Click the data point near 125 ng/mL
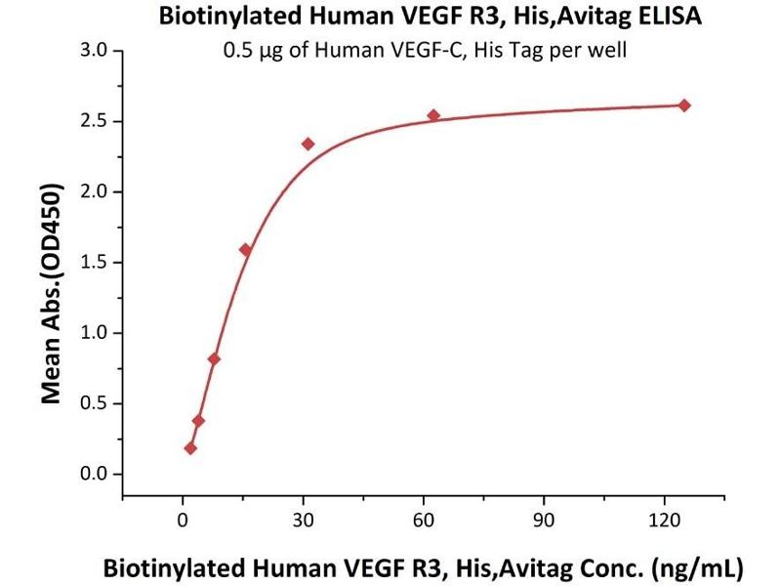[684, 105]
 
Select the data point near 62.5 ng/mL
[433, 115]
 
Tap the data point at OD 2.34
[308, 144]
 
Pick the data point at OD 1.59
[245, 250]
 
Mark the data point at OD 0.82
[214, 358]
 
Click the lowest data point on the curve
[190, 448]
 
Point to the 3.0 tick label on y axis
[97, 50]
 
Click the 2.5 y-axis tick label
[97, 121]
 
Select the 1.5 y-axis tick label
[97, 263]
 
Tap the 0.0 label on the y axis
[97, 475]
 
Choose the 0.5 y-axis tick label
[97, 403]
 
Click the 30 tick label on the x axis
[303, 520]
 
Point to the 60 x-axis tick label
[424, 520]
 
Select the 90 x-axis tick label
[544, 520]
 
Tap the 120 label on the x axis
[664, 520]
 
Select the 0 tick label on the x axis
[183, 520]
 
